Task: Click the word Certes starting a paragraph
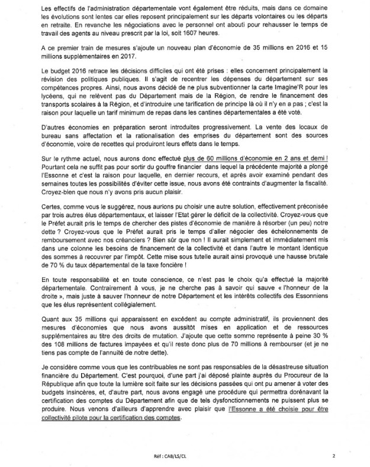[x=38, y=205]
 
